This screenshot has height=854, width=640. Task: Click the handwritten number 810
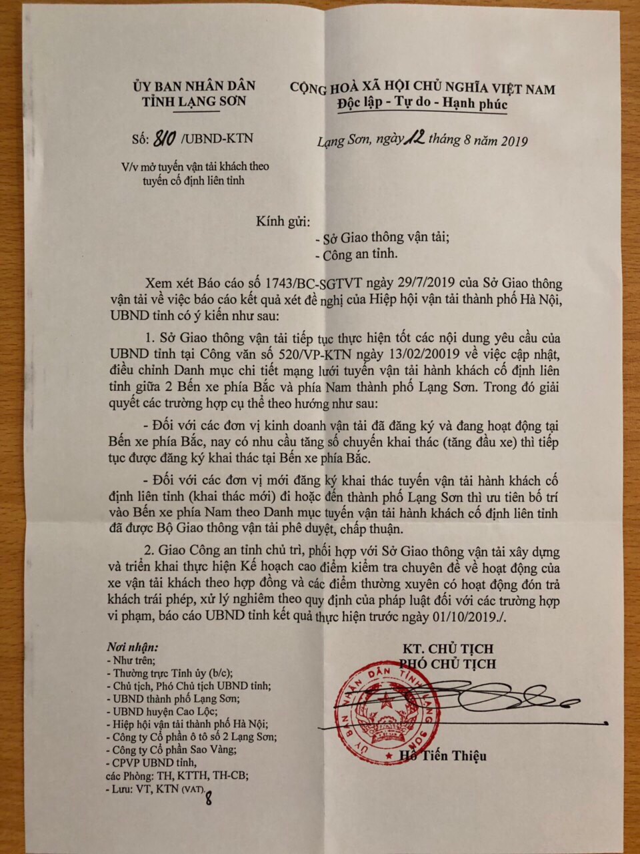coord(165,138)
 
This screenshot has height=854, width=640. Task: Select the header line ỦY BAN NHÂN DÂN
coord(194,86)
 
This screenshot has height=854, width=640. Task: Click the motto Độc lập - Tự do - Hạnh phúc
coord(422,105)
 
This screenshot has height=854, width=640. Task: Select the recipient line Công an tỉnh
coord(361,254)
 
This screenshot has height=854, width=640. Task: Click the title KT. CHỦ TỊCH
coord(448,649)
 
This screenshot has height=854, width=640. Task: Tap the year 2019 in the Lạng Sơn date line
coord(513,141)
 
